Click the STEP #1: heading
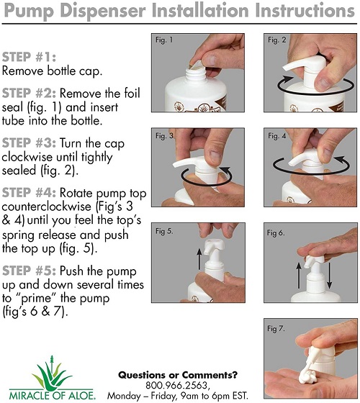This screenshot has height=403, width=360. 30,57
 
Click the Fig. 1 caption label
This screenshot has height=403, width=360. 164,40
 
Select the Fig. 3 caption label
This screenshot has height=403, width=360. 164,135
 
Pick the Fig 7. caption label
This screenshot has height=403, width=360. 276,328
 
